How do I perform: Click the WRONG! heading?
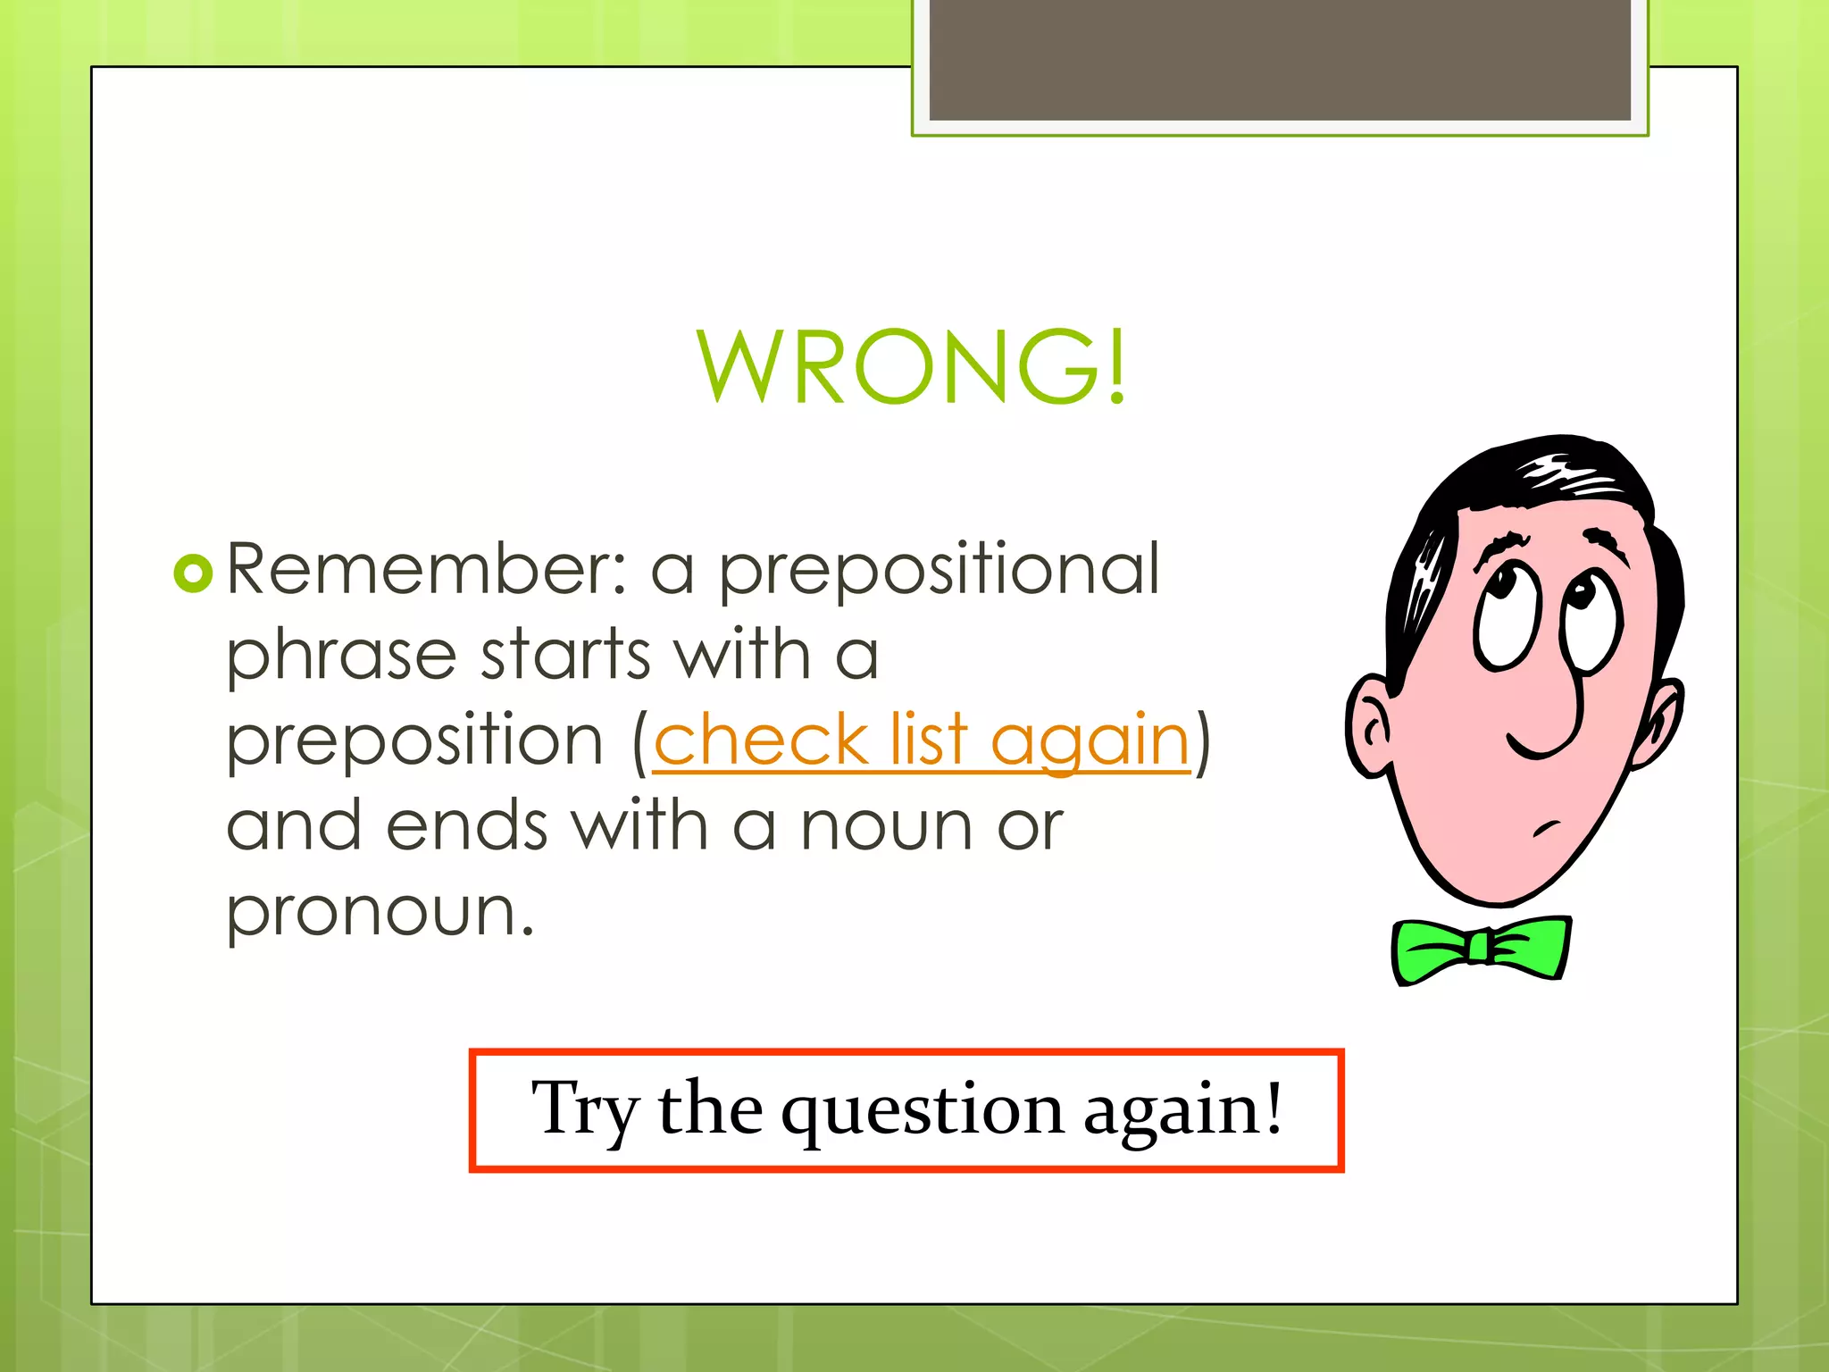coord(911,366)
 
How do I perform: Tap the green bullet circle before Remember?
coord(193,573)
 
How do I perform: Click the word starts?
coord(565,655)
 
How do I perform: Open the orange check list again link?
coord(921,741)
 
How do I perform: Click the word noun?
coord(885,826)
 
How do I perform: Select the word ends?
coord(467,826)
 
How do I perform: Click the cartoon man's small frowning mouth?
coord(1548,827)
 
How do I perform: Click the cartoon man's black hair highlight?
coord(1567,474)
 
